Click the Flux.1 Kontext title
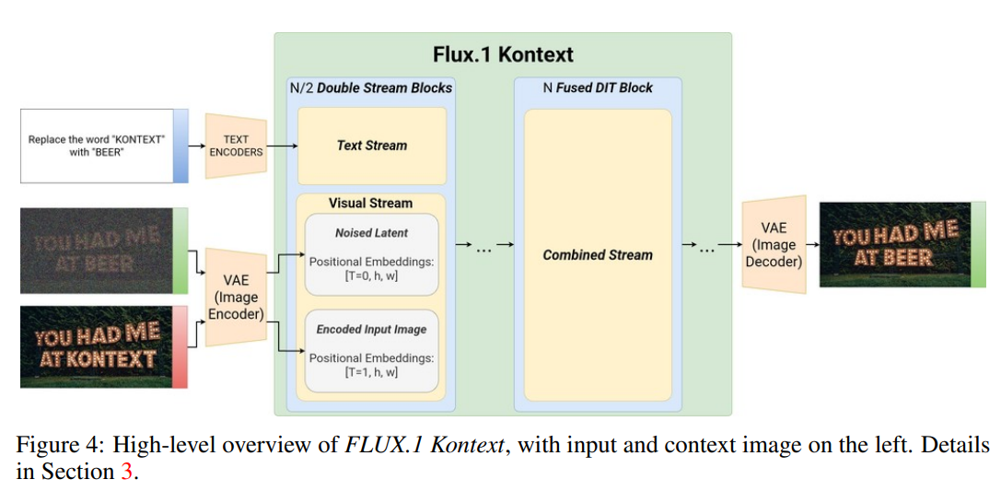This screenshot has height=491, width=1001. [x=504, y=54]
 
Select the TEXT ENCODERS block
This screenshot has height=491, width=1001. [x=236, y=146]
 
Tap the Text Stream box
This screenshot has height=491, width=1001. [x=371, y=145]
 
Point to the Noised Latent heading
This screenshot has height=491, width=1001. [x=371, y=233]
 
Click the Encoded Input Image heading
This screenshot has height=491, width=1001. [x=371, y=329]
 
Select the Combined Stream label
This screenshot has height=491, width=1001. [x=598, y=255]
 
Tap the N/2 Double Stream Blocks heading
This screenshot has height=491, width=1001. [x=371, y=88]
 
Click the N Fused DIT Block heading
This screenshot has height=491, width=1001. [x=598, y=88]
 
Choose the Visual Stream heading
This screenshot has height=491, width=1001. [x=371, y=203]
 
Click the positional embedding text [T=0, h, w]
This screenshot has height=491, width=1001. [x=371, y=276]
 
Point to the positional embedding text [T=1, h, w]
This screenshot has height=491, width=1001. [x=371, y=371]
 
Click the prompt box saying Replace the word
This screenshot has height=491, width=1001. [x=98, y=146]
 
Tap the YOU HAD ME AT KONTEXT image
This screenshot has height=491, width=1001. [x=98, y=346]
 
